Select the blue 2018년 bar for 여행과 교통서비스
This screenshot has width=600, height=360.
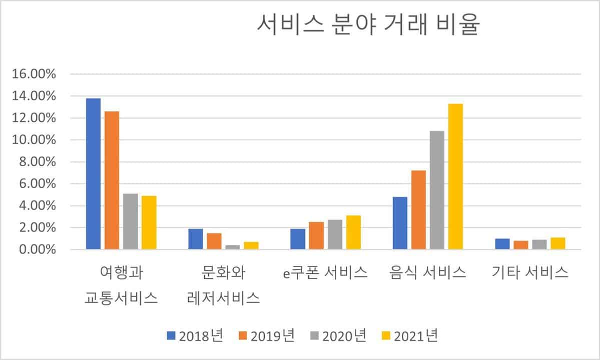93,173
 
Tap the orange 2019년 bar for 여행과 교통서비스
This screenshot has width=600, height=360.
112,180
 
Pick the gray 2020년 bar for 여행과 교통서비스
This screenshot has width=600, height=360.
130,221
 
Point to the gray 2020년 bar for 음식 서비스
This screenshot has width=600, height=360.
437,190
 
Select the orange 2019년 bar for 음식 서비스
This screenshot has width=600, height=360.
418,209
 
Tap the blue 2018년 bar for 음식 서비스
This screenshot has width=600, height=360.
400,223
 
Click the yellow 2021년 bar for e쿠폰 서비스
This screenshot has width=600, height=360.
353,232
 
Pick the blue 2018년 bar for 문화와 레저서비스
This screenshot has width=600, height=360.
196,239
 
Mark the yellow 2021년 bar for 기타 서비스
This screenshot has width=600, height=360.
557,243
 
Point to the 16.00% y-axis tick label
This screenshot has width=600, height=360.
34,74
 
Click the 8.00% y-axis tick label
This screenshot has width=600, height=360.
37,162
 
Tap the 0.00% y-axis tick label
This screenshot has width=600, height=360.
37,249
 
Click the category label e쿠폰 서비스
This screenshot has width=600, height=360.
325,272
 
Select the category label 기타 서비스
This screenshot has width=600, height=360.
530,272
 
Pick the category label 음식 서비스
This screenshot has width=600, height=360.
428,272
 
